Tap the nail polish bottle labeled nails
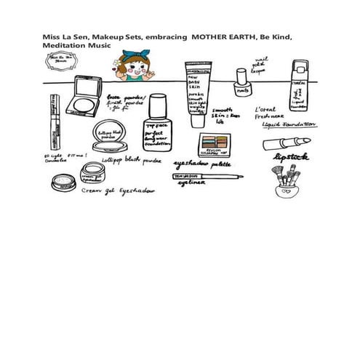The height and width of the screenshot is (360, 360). click(243, 86)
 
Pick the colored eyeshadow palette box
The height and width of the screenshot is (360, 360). click(217, 142)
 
